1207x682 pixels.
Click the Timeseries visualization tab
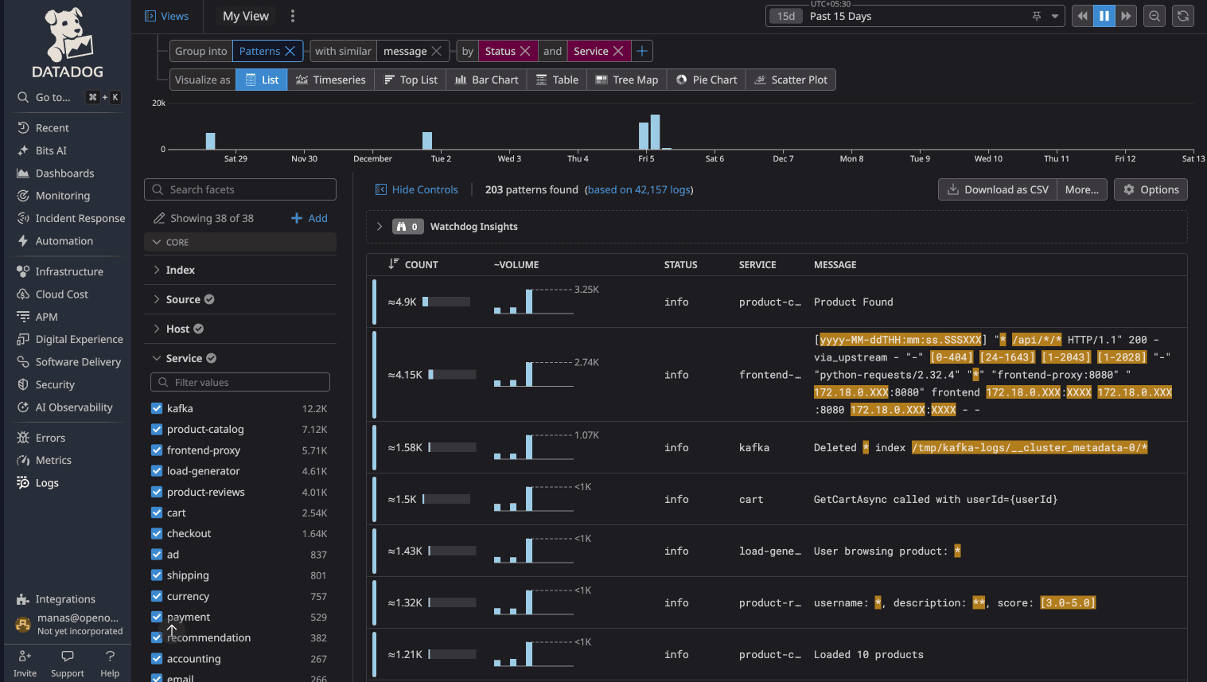coord(331,80)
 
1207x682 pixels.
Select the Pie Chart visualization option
coord(707,80)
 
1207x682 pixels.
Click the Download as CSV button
coord(998,189)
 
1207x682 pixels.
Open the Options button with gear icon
coord(1151,189)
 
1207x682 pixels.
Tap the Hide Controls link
coord(417,189)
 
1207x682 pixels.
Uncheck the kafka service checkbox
coord(157,408)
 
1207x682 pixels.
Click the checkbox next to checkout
coord(157,533)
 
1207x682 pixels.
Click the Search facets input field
coord(240,189)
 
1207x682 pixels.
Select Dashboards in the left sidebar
coord(64,173)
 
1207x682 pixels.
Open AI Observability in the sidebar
coord(74,407)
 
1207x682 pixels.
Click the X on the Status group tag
coord(525,51)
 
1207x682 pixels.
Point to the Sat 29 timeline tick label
coord(236,158)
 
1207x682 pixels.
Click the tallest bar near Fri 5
coord(656,132)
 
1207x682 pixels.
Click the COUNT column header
coord(421,264)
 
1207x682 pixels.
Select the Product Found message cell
coord(853,302)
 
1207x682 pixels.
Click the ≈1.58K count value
coord(405,447)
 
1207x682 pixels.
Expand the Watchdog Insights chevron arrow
coord(380,227)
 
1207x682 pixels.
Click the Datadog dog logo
coord(68,35)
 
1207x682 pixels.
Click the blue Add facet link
coord(310,218)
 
